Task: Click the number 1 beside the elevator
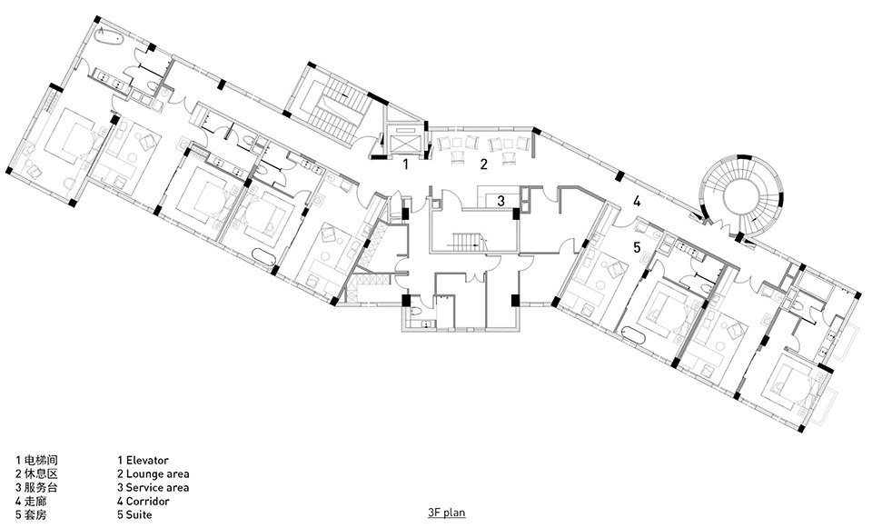click(406, 164)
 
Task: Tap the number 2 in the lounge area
click(484, 164)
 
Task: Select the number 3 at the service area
click(500, 201)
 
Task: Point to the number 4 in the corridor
click(637, 202)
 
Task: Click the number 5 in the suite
click(637, 246)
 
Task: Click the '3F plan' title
click(447, 513)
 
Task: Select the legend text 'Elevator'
click(147, 460)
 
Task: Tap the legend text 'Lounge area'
click(157, 474)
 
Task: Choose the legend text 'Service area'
click(157, 487)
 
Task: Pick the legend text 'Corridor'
click(147, 501)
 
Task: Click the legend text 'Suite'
click(139, 514)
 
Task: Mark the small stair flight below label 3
click(465, 240)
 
